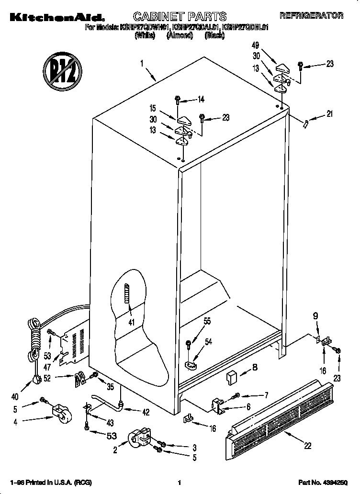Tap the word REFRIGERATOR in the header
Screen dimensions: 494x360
[x=311, y=16]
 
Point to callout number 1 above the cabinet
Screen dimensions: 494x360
[x=142, y=63]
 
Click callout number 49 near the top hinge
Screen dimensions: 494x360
[x=256, y=45]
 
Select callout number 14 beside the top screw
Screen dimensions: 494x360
[x=201, y=100]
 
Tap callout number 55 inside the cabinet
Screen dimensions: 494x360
[x=207, y=322]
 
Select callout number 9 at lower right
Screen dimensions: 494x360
[x=315, y=315]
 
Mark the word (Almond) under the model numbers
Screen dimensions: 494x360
[x=180, y=36]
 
